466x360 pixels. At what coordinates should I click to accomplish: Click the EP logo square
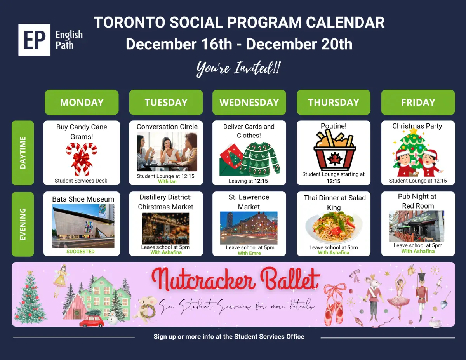[x=34, y=40]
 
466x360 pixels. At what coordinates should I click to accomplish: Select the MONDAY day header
[x=82, y=102]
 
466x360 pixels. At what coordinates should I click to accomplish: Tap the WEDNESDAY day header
[x=249, y=102]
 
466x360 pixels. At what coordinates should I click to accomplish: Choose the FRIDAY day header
[x=418, y=102]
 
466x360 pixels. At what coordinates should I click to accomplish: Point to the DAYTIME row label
[x=23, y=153]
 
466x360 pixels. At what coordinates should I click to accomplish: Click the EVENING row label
[x=23, y=224]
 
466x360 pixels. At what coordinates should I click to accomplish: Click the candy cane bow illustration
[x=82, y=159]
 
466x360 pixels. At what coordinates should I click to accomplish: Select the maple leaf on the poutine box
[x=335, y=159]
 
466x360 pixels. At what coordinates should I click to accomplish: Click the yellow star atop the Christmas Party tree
[x=414, y=130]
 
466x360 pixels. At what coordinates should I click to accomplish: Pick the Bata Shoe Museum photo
[x=83, y=226]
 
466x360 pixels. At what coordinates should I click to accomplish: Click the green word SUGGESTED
[x=80, y=252]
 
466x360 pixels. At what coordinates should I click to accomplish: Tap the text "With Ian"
[x=167, y=181]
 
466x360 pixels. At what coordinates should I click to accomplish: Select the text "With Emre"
[x=249, y=253]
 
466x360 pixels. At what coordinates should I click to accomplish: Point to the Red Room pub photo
[x=417, y=226]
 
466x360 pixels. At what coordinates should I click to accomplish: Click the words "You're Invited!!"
[x=238, y=69]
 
